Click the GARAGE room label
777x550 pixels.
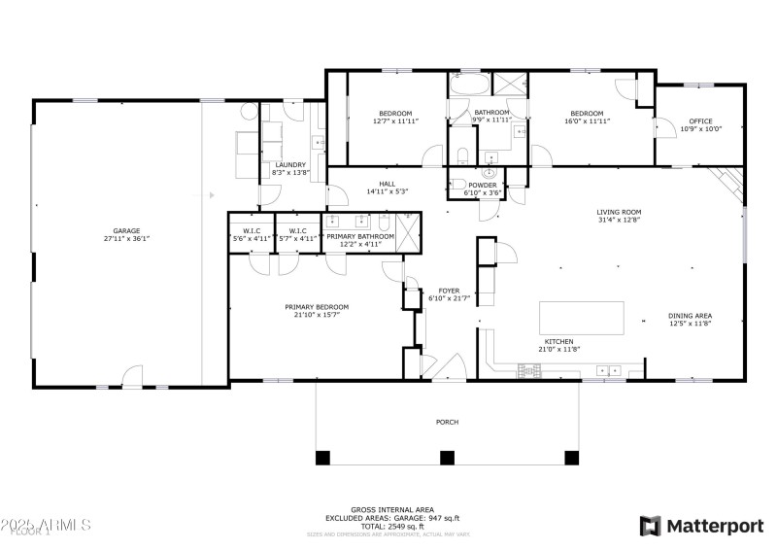click(x=126, y=230)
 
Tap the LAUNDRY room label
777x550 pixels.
click(x=290, y=164)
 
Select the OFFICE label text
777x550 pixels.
click(x=700, y=121)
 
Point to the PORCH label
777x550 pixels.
click(x=447, y=422)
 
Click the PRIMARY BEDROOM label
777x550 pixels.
click(x=317, y=307)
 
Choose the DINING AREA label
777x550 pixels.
click(x=691, y=316)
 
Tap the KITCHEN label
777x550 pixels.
click(x=557, y=342)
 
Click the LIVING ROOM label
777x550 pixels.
click(x=619, y=212)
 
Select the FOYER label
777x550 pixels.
click(x=449, y=291)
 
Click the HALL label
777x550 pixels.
click(x=387, y=184)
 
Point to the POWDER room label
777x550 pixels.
click(x=482, y=185)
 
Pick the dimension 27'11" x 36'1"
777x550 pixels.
click(x=126, y=238)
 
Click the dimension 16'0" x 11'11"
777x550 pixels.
click(x=587, y=121)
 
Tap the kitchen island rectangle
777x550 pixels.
click(x=582, y=318)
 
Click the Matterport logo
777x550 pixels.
click(x=701, y=526)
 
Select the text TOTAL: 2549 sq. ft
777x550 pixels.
click(x=392, y=526)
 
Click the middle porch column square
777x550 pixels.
click(x=447, y=457)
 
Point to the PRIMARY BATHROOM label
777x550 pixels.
click(x=360, y=237)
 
